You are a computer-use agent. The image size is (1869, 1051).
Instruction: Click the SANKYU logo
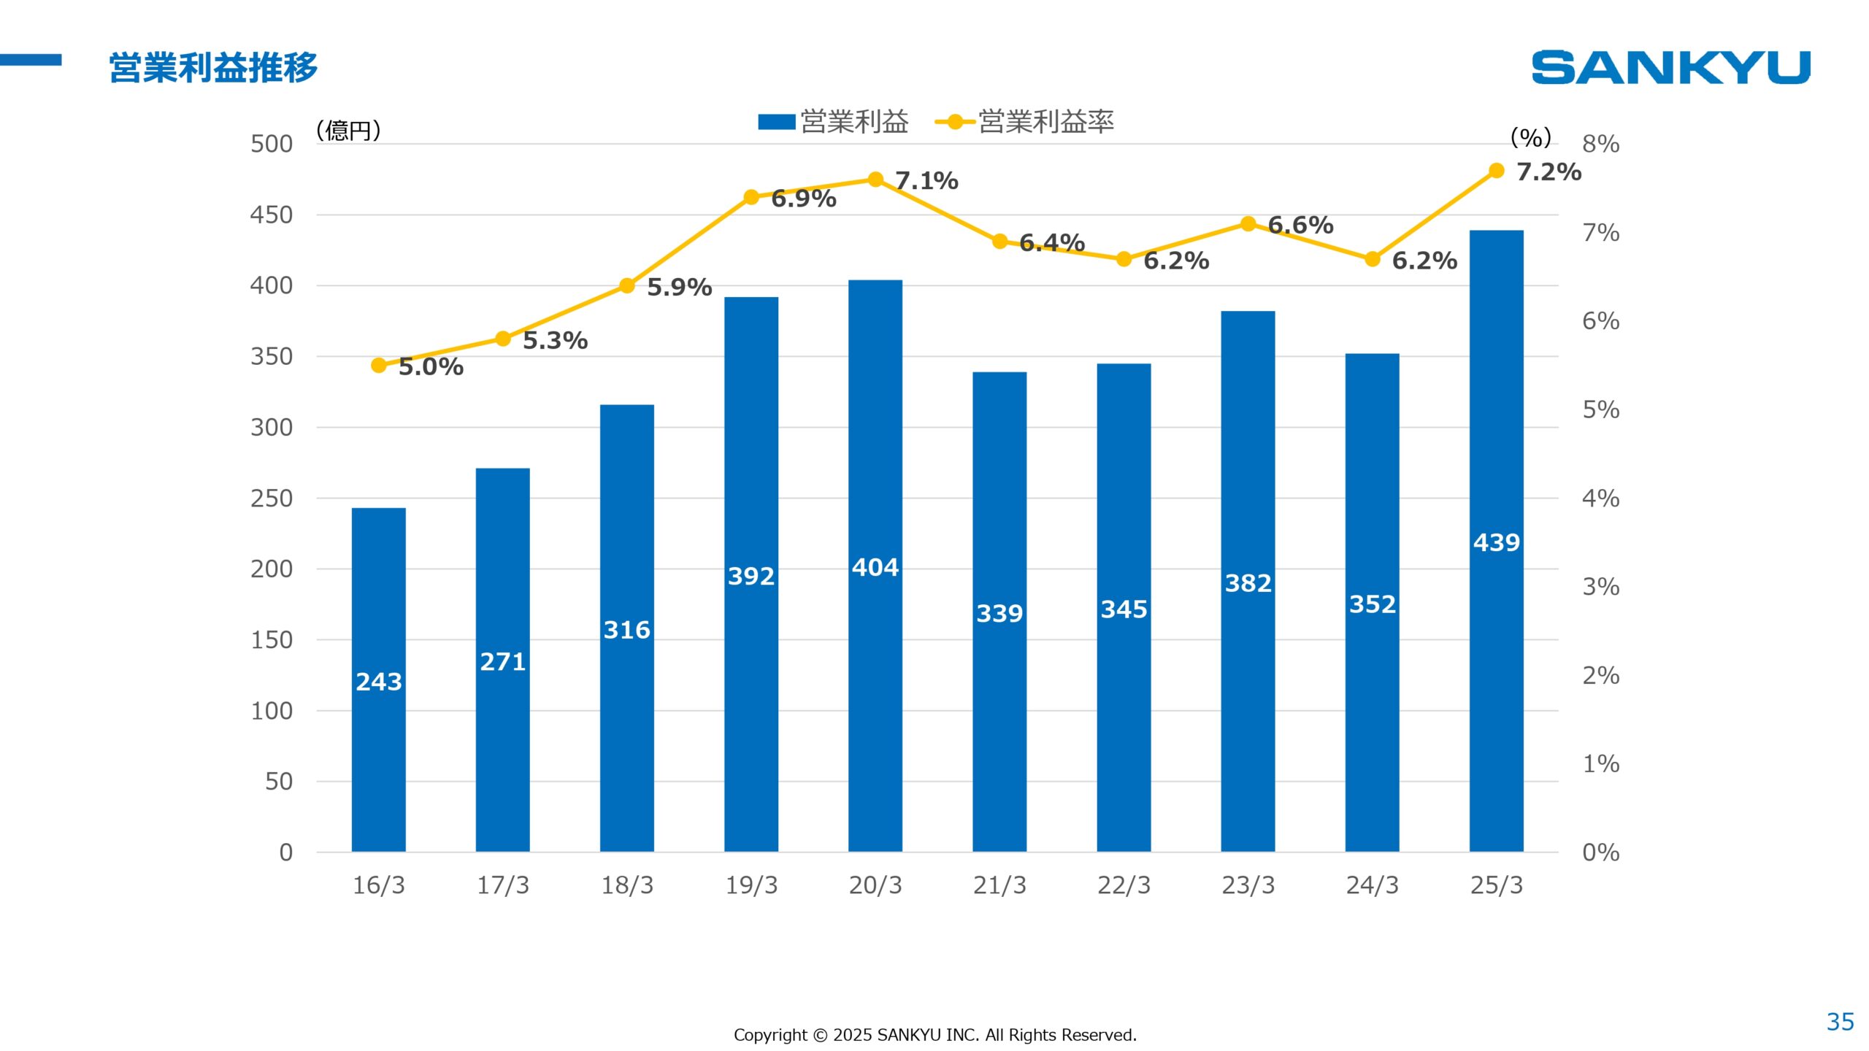[1670, 67]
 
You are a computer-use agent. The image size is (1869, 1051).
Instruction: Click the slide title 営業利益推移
[213, 67]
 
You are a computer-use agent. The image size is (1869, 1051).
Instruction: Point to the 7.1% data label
[926, 180]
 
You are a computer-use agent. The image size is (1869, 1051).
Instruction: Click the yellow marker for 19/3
[751, 197]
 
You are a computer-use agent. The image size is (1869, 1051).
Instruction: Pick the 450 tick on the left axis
[271, 215]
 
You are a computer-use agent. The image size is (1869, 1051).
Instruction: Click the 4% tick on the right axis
[1600, 498]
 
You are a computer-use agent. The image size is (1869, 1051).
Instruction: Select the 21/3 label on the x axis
[999, 885]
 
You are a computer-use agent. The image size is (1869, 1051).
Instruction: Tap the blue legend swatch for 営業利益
[776, 122]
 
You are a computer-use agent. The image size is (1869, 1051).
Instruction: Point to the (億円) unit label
[348, 131]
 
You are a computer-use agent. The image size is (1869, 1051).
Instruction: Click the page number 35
[1840, 1022]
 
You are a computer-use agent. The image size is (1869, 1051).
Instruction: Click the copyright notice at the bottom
[934, 1035]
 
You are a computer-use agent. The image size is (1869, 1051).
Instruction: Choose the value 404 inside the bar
[875, 567]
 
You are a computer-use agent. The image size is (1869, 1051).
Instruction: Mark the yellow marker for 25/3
[1496, 171]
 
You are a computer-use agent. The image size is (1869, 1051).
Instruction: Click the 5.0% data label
[431, 367]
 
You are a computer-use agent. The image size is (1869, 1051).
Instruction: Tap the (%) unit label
[1530, 137]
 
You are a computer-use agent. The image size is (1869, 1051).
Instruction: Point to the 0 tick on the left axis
[285, 852]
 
